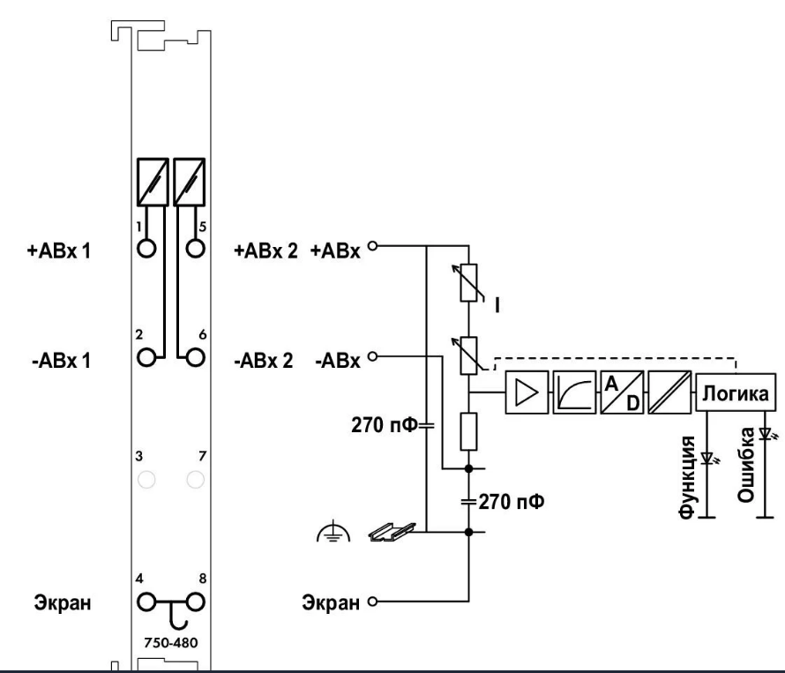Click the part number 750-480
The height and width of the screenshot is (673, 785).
tap(171, 642)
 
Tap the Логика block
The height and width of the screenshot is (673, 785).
tap(736, 393)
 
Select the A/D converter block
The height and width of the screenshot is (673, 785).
tap(622, 393)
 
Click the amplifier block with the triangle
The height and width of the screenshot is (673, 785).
tap(527, 393)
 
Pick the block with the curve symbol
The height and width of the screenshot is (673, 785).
tap(574, 393)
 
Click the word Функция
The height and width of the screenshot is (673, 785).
tap(687, 476)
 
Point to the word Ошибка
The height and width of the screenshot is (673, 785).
tap(746, 465)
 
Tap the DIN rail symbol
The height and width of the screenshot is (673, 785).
tap(392, 532)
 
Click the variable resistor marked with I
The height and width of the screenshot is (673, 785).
tap(468, 283)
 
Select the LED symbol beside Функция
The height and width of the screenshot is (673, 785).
tap(709, 458)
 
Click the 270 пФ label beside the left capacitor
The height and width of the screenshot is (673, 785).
tap(384, 425)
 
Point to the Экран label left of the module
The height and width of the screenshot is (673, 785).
tap(63, 602)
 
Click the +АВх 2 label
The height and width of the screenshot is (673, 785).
tap(265, 251)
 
